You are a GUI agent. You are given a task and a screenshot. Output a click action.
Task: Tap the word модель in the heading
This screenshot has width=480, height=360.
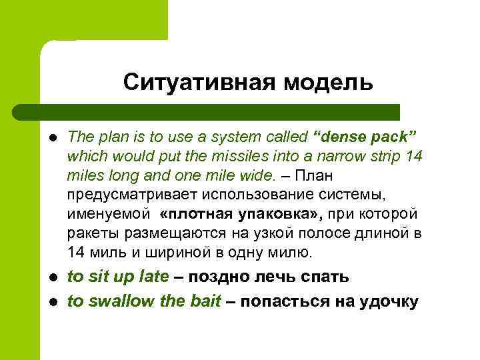coord(327,83)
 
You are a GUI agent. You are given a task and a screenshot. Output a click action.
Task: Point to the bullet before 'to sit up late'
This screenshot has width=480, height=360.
coord(53,277)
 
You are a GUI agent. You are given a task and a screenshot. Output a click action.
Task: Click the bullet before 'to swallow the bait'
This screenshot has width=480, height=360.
coord(53,302)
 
